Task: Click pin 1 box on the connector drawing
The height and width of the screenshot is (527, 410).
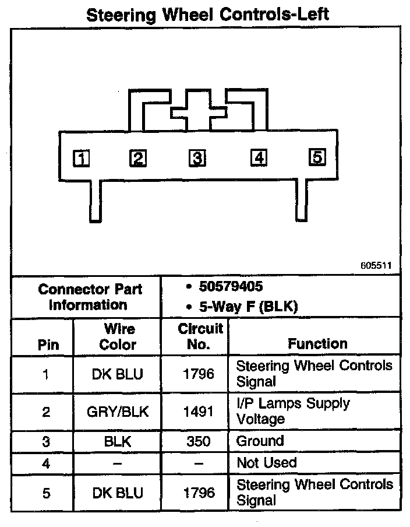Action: (81, 159)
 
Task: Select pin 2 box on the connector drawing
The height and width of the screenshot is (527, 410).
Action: (138, 158)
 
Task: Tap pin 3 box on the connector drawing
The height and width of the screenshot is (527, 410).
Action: (197, 158)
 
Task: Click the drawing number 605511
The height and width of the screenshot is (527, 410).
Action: (376, 265)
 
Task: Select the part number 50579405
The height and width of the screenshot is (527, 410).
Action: (231, 287)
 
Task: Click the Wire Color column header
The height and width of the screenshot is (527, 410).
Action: (118, 336)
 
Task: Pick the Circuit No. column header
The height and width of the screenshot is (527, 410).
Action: (200, 336)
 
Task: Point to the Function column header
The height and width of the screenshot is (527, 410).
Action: (317, 344)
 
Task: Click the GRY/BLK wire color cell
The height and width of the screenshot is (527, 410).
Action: (118, 412)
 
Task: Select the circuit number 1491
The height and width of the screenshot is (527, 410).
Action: (199, 412)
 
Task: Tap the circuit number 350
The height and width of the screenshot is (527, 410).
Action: (199, 441)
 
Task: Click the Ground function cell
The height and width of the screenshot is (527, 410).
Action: (260, 441)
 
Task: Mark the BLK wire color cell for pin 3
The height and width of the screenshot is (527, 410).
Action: (118, 441)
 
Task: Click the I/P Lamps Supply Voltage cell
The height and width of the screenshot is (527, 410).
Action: (292, 411)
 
